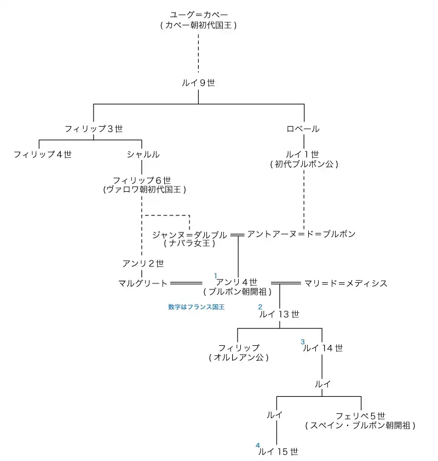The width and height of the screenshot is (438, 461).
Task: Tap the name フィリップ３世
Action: tap(93, 129)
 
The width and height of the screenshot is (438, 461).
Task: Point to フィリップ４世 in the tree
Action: tap(43, 155)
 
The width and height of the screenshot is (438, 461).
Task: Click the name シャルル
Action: tap(142, 155)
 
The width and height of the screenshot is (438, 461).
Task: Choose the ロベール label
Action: tap(303, 129)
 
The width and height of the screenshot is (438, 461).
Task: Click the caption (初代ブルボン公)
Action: tap(304, 164)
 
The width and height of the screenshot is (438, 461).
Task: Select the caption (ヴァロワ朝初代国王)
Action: tap(145, 190)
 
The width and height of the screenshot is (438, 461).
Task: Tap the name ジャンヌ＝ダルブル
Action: tap(189, 235)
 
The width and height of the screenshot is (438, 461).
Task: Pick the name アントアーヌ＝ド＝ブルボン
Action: tap(301, 234)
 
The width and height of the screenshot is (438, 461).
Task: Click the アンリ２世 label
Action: tap(143, 264)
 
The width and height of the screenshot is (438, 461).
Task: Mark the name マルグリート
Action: tap(142, 283)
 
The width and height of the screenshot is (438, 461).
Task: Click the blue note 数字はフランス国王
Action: tap(196, 307)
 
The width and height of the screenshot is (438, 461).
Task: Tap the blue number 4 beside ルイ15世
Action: tap(257, 445)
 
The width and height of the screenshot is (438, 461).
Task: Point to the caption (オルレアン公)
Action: tap(239, 357)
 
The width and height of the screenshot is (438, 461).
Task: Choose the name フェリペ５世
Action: tap(361, 416)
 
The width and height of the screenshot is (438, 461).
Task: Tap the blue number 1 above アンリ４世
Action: tap(216, 275)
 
